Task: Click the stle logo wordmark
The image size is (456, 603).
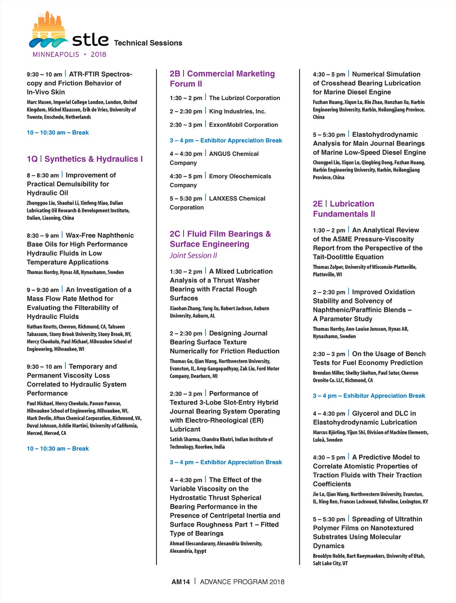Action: (x=90, y=40)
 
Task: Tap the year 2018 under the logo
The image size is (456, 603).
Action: (x=98, y=54)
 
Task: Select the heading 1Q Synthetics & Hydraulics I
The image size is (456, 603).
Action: (x=85, y=159)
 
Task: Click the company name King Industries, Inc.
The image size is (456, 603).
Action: (x=237, y=111)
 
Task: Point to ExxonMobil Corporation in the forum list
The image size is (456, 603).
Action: (x=243, y=125)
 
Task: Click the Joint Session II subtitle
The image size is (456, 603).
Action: (x=193, y=256)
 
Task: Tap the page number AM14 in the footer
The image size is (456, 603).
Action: (x=180, y=582)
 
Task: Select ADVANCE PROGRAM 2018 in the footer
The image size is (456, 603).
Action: (x=242, y=582)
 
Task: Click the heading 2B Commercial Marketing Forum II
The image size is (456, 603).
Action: (x=222, y=79)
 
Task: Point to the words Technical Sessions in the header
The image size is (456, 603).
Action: (x=148, y=43)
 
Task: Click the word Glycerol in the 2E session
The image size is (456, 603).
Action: (x=365, y=413)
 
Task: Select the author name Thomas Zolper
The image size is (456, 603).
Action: (x=328, y=267)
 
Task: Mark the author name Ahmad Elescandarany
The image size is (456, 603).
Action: (x=193, y=543)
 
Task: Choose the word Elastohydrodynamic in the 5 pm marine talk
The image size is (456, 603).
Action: (x=385, y=134)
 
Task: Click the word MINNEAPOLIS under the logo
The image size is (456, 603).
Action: (x=56, y=54)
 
